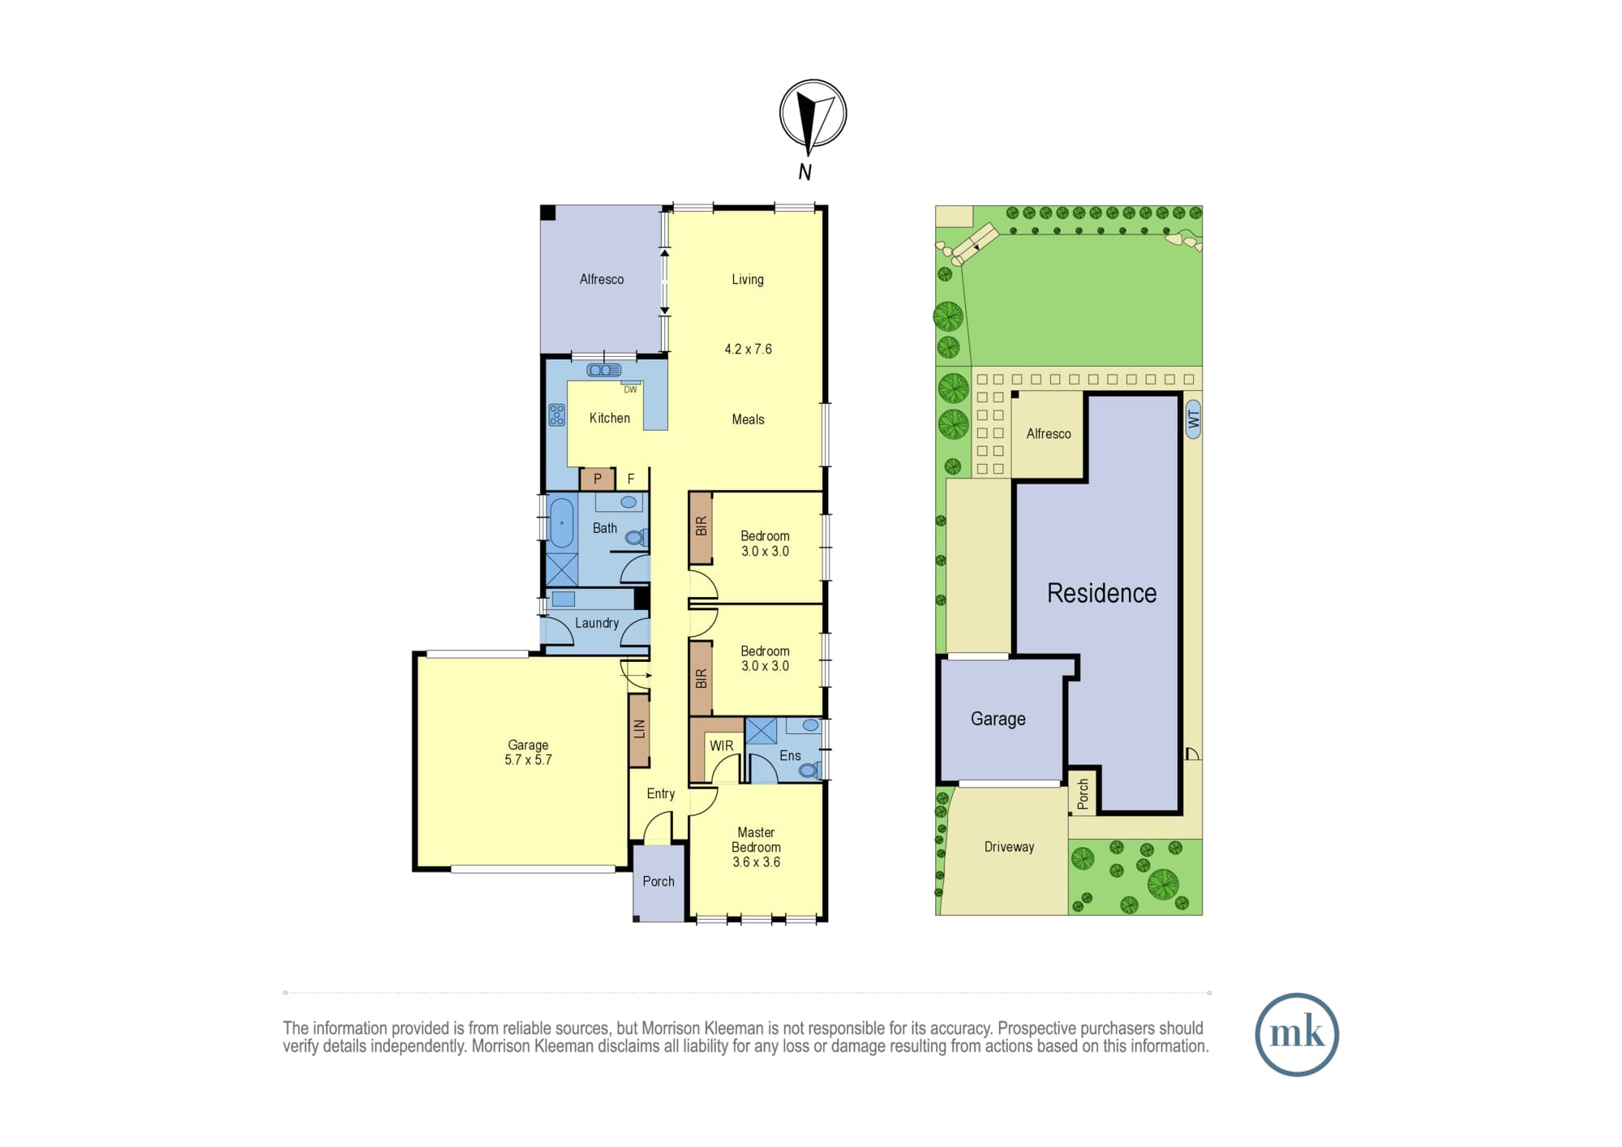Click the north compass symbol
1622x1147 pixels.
813,114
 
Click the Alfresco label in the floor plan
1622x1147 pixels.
602,279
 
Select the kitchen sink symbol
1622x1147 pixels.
603,371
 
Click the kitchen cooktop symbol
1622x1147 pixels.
556,415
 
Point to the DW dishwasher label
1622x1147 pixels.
630,390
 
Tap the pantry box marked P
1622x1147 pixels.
598,479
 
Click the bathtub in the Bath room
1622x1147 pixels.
561,522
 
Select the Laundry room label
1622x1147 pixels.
597,623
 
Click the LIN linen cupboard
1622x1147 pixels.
639,730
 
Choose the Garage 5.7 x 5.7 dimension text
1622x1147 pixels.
528,760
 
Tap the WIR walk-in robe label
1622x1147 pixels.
721,746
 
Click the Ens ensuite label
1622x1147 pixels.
790,756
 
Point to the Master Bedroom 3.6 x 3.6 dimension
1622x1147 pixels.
757,862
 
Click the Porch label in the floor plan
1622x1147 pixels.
659,881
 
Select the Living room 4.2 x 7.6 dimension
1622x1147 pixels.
748,349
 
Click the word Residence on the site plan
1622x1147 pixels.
1101,593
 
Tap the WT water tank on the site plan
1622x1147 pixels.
1193,419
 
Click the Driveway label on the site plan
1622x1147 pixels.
1009,847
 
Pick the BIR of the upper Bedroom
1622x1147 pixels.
701,527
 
